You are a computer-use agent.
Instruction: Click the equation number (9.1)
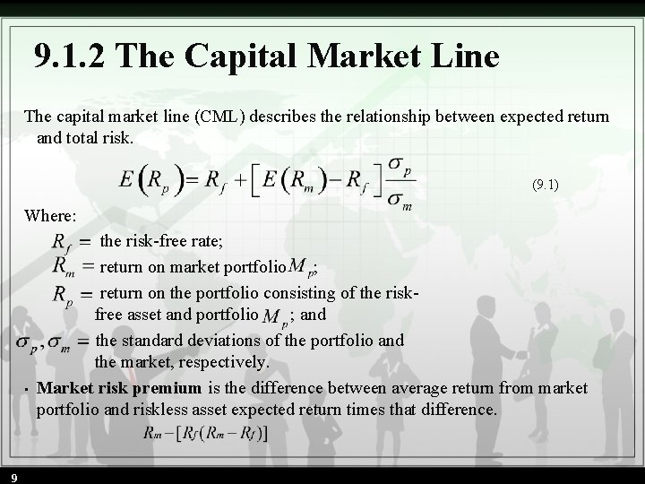pyautogui.click(x=546, y=186)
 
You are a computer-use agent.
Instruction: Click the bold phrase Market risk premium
pyautogui.click(x=119, y=388)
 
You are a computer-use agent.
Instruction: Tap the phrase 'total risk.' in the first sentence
pyautogui.click(x=100, y=138)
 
